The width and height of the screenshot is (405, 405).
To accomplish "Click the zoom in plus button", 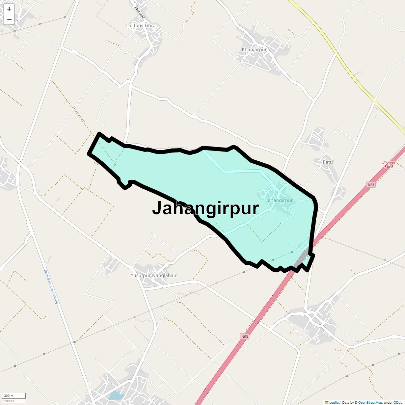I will pyautogui.click(x=9, y=9).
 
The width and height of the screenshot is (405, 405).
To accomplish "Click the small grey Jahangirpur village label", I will pyautogui.click(x=279, y=200).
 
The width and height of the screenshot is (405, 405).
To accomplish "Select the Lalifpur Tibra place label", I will pyautogui.click(x=141, y=26).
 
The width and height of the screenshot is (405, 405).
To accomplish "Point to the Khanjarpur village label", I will pyautogui.click(x=254, y=50).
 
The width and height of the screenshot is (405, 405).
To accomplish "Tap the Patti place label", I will pyautogui.click(x=328, y=162).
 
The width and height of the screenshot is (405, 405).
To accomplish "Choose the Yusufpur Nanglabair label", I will pyautogui.click(x=154, y=275).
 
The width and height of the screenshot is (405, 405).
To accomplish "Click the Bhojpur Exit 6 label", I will pyautogui.click(x=388, y=164).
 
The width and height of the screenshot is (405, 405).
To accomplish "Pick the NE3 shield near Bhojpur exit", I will pyautogui.click(x=371, y=185).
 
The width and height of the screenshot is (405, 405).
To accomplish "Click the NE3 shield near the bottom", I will pyautogui.click(x=245, y=336).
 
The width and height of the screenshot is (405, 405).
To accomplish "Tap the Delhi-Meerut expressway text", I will pyautogui.click(x=52, y=287).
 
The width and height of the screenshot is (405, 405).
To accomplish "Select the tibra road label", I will pyautogui.click(x=139, y=12).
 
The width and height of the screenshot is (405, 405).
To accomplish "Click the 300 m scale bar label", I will pyautogui.click(x=9, y=396).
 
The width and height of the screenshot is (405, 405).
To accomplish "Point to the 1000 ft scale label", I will pyautogui.click(x=9, y=401).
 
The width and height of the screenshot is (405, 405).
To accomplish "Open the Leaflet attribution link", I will pyautogui.click(x=334, y=402).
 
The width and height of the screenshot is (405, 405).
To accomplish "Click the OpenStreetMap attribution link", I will pyautogui.click(x=370, y=402).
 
